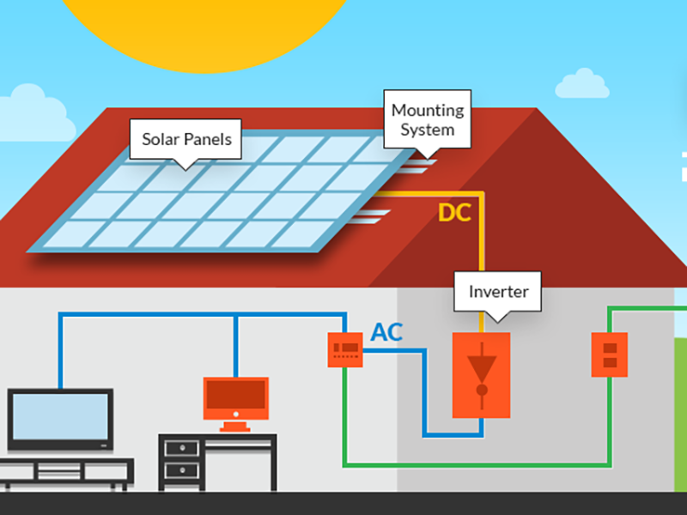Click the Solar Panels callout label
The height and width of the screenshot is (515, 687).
186,139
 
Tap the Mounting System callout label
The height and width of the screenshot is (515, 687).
427,120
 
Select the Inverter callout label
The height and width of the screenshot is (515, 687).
498,292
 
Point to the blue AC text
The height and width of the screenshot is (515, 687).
386,333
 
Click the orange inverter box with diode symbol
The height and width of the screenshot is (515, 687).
481,374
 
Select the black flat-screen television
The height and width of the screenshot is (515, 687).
60,420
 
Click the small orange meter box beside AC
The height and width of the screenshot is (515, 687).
345,349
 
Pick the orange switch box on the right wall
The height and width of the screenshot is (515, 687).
610,354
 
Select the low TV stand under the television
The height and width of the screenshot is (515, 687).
64,471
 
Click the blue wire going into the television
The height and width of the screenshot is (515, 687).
60,352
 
